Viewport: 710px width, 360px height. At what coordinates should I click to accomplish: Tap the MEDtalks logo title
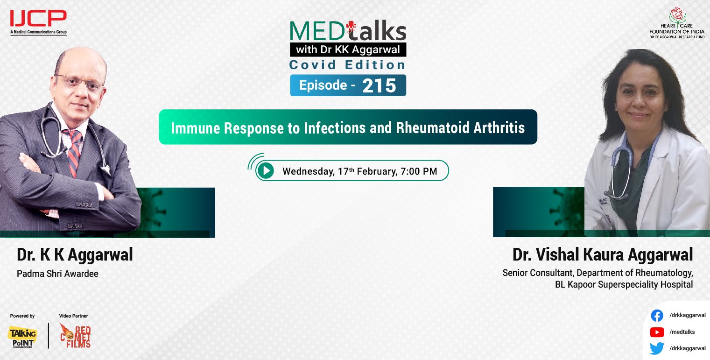348,32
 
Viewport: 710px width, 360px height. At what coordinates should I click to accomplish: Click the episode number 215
379,85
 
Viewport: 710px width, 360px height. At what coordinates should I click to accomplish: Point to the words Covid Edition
348,64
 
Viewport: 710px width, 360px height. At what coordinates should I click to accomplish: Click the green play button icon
266,171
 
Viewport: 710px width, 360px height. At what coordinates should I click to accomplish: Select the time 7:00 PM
419,171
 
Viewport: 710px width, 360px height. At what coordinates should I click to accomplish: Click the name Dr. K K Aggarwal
75,255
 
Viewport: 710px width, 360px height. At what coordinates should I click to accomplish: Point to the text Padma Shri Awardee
57,274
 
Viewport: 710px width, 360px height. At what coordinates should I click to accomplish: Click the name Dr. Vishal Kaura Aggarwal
602,255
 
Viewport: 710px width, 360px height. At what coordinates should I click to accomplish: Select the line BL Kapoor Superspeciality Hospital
624,284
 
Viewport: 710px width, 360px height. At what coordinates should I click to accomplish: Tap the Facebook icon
657,316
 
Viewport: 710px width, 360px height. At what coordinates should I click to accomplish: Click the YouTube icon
657,332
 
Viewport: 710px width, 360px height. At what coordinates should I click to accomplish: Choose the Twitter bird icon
657,348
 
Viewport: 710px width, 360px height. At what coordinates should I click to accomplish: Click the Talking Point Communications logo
22,336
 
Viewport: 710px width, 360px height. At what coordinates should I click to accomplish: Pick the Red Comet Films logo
75,336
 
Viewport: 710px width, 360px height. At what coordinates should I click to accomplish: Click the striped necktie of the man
74,152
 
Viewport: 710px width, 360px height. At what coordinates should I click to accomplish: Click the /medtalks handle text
682,332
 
